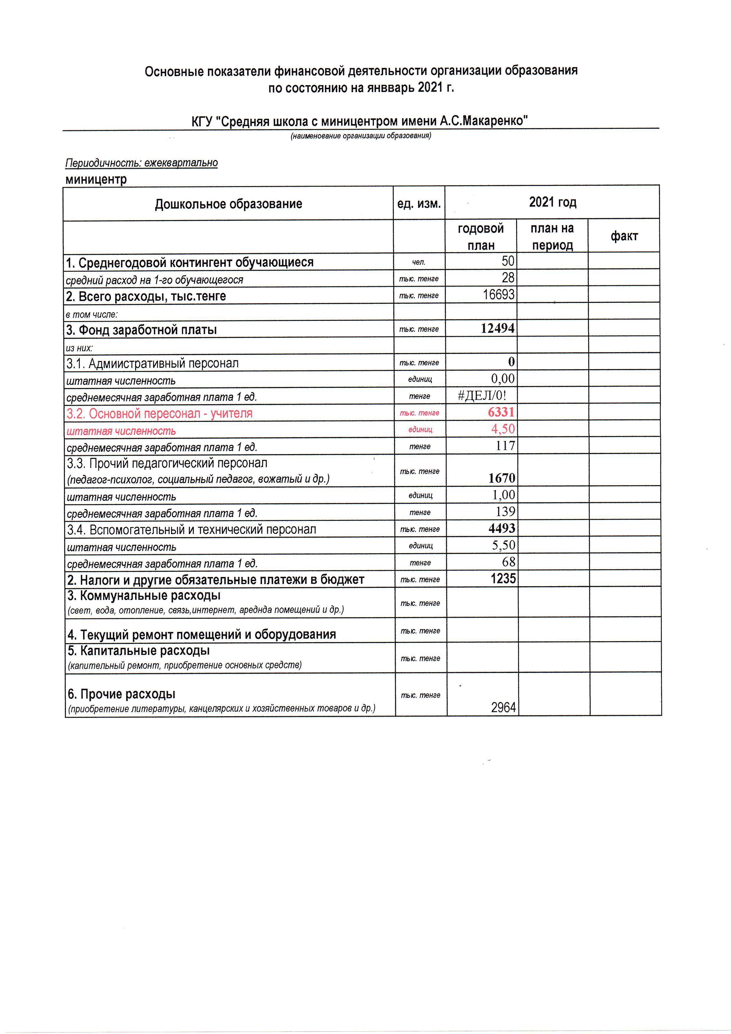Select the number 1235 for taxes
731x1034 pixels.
click(x=503, y=578)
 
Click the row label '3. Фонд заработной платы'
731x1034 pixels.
click(x=141, y=330)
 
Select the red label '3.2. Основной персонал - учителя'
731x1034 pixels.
click(x=159, y=413)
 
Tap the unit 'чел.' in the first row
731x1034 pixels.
click(x=418, y=262)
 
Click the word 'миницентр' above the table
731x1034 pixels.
click(x=96, y=179)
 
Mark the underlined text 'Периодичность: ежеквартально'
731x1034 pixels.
click(x=141, y=163)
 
